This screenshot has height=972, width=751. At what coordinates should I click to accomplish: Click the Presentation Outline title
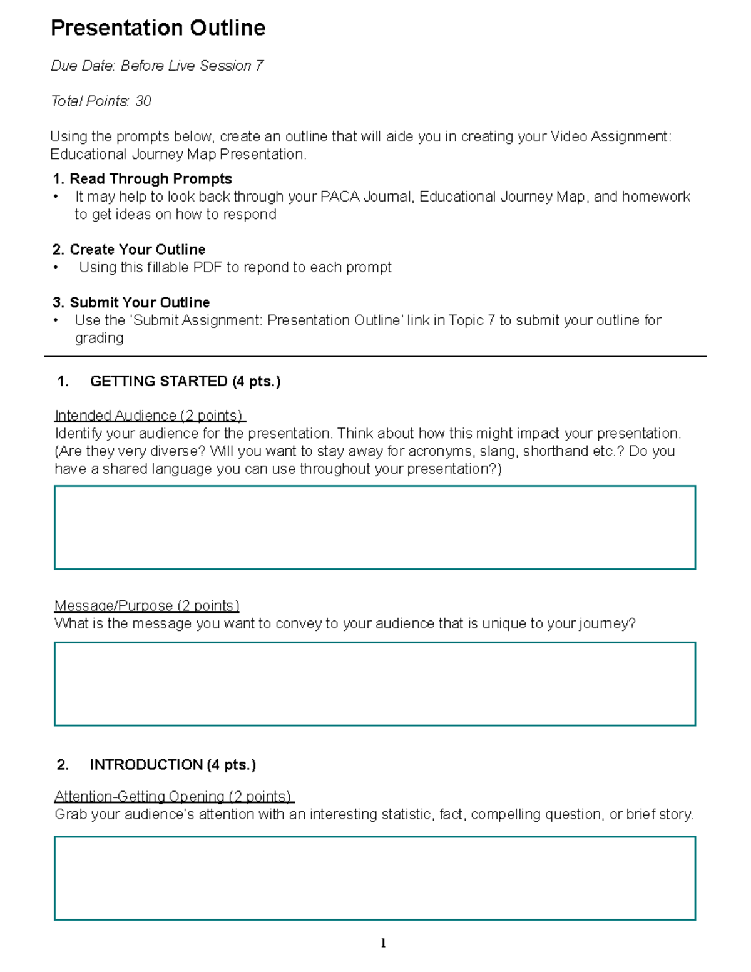pyautogui.click(x=158, y=28)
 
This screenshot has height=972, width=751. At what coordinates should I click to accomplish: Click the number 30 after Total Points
pyautogui.click(x=143, y=101)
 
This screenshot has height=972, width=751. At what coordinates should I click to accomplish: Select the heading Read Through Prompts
pyautogui.click(x=150, y=179)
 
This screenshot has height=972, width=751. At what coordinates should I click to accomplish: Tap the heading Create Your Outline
pyautogui.click(x=137, y=250)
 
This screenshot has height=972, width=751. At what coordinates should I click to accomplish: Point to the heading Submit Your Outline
pyautogui.click(x=139, y=303)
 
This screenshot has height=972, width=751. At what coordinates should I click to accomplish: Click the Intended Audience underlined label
pyautogui.click(x=149, y=416)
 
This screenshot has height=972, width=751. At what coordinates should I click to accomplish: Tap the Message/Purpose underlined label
pyautogui.click(x=146, y=606)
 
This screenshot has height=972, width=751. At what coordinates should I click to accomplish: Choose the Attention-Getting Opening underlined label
pyautogui.click(x=173, y=796)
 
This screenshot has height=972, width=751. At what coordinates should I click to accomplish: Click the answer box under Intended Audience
pyautogui.click(x=375, y=527)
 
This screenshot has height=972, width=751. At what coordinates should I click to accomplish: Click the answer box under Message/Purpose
pyautogui.click(x=375, y=683)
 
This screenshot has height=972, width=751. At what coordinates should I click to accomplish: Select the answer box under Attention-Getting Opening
pyautogui.click(x=375, y=878)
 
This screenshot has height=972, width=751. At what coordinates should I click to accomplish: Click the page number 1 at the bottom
pyautogui.click(x=383, y=943)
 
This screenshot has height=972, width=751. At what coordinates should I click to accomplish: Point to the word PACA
pyautogui.click(x=340, y=197)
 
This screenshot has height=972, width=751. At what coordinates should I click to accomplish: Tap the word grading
pyautogui.click(x=99, y=339)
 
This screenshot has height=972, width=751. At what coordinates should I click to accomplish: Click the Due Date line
pyautogui.click(x=156, y=66)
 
